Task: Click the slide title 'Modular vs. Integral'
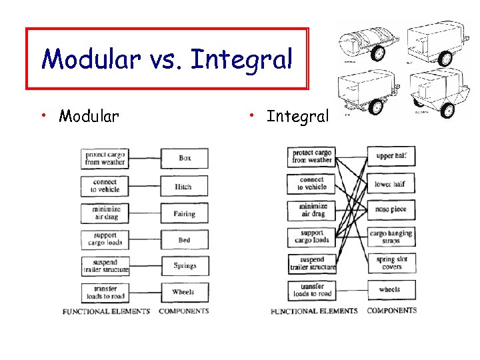167,59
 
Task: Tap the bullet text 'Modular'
89,117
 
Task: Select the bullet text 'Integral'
297,117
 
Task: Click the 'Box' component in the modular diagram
185,159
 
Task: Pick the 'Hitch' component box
185,186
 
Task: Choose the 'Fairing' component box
185,213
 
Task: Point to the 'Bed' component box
185,240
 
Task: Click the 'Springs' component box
185,266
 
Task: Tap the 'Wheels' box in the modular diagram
185,292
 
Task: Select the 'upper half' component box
391,157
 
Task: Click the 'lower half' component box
391,184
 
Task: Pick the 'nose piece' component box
391,209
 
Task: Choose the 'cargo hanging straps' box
391,237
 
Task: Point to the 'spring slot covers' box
391,263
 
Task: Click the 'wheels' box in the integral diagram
391,289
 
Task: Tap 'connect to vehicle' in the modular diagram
105,186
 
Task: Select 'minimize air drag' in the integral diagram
312,210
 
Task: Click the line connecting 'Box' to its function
145,159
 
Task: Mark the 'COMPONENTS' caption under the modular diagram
184,311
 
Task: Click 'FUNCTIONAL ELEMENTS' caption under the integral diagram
313,311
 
